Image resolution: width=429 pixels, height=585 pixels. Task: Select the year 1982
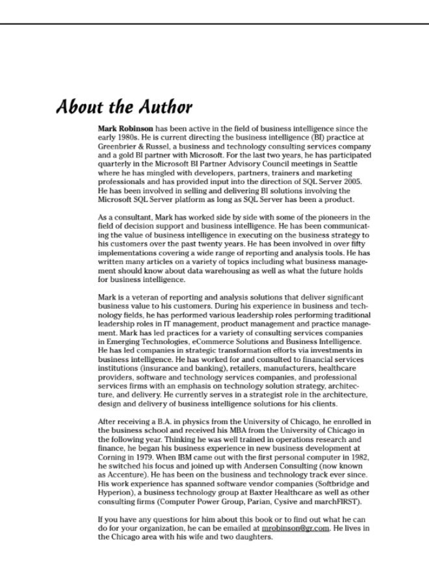[x=358, y=458]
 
